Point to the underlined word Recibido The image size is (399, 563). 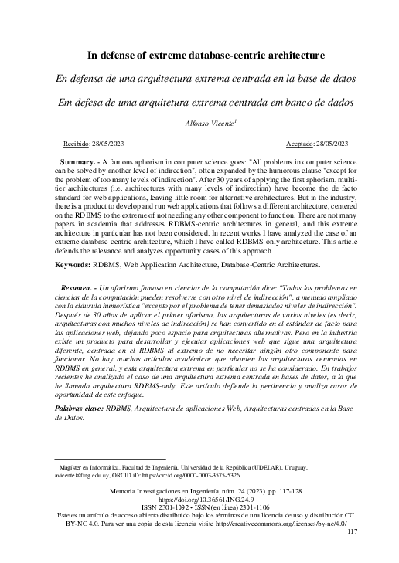[76, 144]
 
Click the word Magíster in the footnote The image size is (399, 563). [75, 467]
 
